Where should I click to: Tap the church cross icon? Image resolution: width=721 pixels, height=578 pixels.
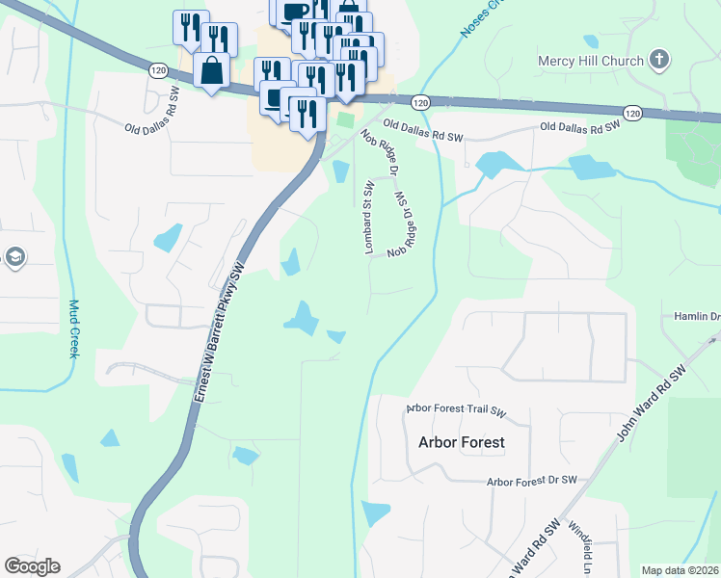click(658, 61)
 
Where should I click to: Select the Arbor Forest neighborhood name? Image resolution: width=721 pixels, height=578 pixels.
click(461, 443)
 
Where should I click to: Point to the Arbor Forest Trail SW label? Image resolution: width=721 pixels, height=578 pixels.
click(456, 409)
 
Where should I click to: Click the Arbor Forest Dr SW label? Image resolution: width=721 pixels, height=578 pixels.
click(531, 480)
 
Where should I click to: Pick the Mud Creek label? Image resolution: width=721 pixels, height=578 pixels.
click(73, 328)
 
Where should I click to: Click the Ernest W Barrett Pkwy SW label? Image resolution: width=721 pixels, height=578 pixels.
click(218, 333)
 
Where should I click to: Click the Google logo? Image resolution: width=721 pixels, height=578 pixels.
click(32, 566)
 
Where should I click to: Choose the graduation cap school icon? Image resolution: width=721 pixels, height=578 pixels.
click(14, 257)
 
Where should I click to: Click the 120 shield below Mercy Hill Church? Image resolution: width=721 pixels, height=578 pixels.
click(632, 114)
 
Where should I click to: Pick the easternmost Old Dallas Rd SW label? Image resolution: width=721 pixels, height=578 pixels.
click(578, 126)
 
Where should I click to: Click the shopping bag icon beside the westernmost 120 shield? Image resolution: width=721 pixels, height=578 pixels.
click(210, 69)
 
